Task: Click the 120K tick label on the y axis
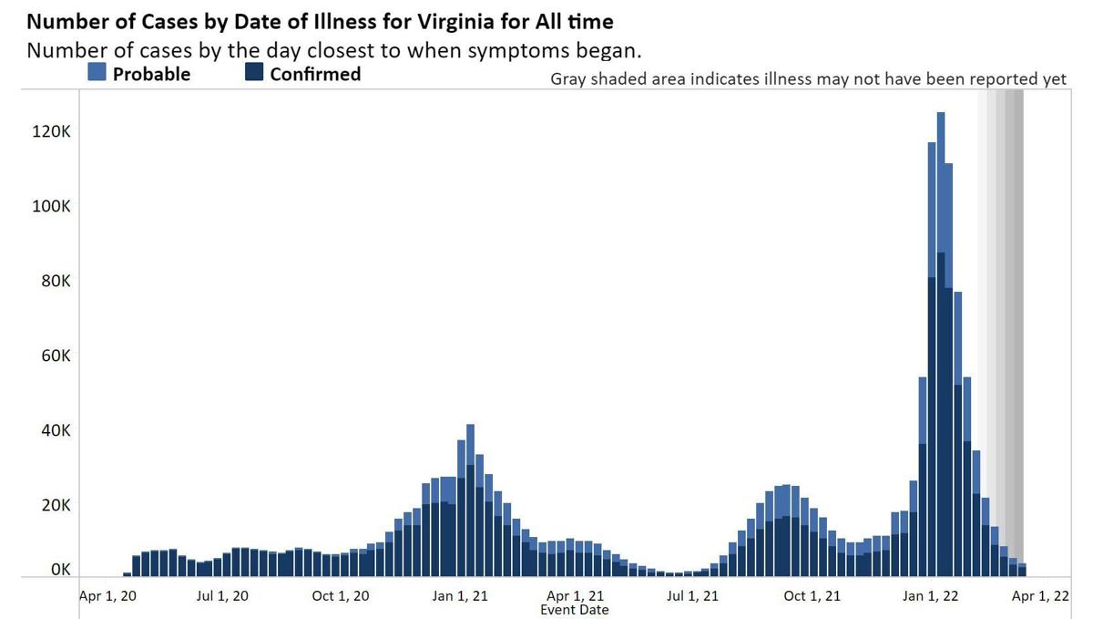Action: (52, 132)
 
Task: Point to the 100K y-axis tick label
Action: (52, 207)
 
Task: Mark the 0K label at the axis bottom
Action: (60, 570)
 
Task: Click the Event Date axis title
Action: (574, 609)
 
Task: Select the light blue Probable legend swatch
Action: (97, 73)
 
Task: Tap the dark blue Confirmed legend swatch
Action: (254, 73)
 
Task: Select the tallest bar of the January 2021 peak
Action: (470, 500)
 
